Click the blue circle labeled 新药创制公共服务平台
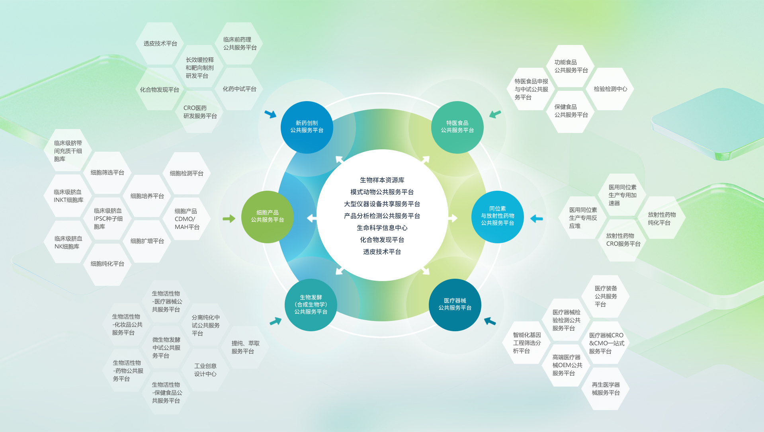(x=307, y=127)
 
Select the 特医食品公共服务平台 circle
(x=457, y=127)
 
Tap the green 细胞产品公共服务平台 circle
(x=267, y=217)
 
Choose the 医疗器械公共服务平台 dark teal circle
(x=455, y=305)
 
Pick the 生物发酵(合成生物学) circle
(x=311, y=305)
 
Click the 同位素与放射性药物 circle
(x=497, y=217)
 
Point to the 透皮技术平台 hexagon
(x=160, y=44)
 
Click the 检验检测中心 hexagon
(x=610, y=89)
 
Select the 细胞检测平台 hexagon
(x=186, y=174)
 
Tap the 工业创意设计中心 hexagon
(x=205, y=370)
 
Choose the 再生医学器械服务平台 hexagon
(x=606, y=389)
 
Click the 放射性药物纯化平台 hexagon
(x=661, y=219)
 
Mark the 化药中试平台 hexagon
(x=239, y=89)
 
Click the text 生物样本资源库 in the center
(x=382, y=180)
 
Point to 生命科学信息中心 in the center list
(x=382, y=228)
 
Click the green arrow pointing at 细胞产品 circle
(x=229, y=219)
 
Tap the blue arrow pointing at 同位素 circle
(x=536, y=219)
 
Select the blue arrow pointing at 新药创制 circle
(x=270, y=114)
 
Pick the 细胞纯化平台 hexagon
(x=107, y=264)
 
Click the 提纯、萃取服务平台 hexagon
(x=245, y=347)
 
